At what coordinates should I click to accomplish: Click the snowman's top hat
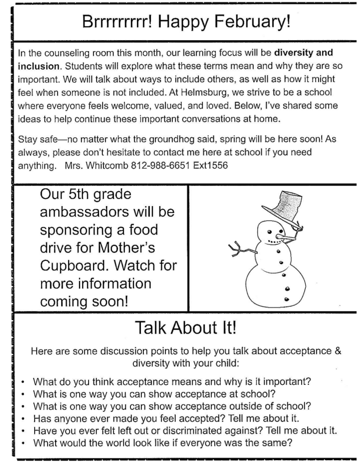point(286,204)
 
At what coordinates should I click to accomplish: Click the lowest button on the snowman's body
point(287,299)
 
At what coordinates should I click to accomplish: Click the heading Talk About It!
point(186,328)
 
